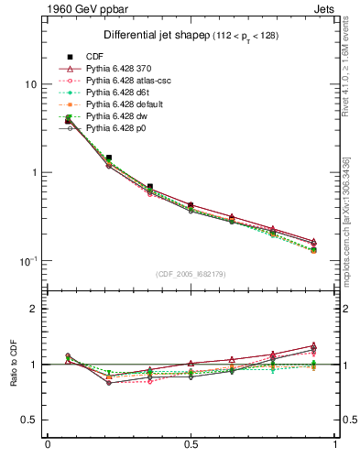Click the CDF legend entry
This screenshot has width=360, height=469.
coord(95,58)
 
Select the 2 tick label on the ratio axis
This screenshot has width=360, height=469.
coord(35,310)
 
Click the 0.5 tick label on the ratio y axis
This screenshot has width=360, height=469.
coord(30,420)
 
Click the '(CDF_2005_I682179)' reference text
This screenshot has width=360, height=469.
coord(191,274)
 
